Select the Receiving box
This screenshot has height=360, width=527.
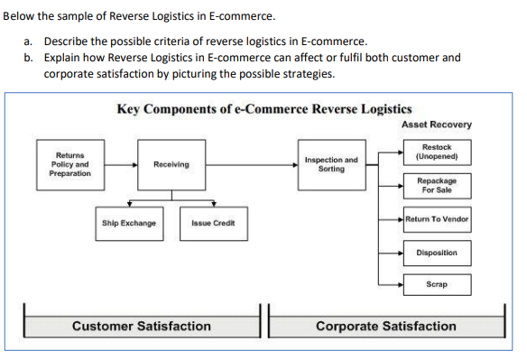171,165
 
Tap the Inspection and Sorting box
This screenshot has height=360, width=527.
331,164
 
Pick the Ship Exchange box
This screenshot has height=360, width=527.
129,223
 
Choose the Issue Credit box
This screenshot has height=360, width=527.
213,223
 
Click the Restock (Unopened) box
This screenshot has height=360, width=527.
437,152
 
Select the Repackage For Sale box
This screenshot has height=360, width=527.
437,185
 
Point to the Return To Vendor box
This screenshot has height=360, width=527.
437,219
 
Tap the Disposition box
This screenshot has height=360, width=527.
437,253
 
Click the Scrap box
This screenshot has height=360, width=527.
437,285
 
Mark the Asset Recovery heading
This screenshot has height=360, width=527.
437,125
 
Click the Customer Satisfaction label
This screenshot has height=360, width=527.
141,326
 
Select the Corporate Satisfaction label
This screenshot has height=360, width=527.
385,326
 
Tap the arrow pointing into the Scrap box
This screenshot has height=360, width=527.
390,285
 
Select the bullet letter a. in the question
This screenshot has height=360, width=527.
29,42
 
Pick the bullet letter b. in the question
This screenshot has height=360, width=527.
29,57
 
